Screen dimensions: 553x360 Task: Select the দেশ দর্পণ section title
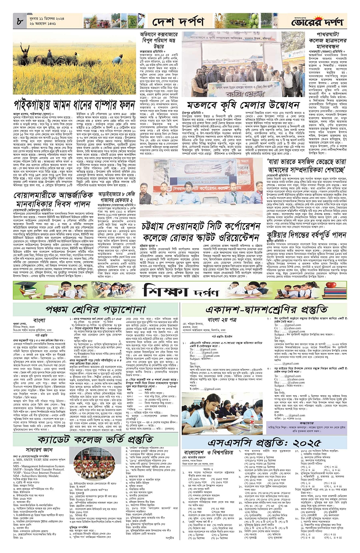[178, 22]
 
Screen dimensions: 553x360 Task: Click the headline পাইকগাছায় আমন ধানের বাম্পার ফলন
[75, 105]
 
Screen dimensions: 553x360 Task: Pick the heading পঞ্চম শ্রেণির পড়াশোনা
[96, 309]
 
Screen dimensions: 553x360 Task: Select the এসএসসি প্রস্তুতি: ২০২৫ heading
[265, 443]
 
